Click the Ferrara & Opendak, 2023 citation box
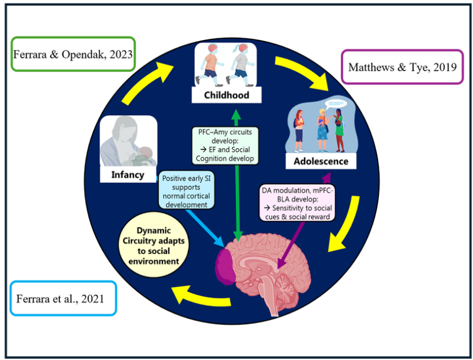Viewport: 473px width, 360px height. point(74,54)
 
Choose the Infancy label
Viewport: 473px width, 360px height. point(128,174)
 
